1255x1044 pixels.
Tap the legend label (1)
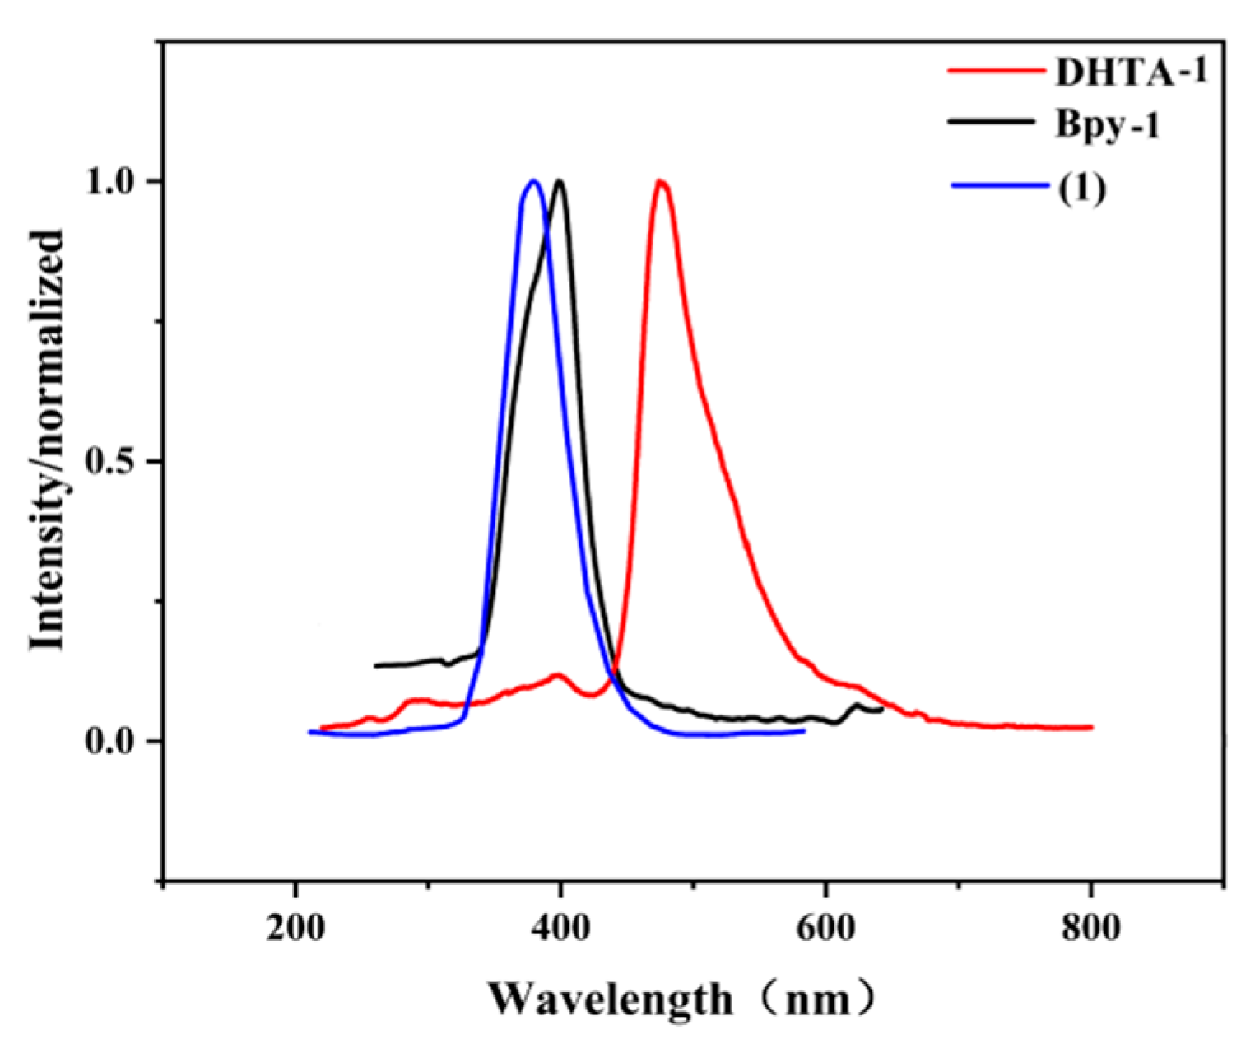(1080, 188)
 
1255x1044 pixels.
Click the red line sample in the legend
(995, 71)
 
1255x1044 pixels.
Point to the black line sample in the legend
(991, 121)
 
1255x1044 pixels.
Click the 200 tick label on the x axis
(295, 928)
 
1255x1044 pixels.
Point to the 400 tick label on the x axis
(560, 928)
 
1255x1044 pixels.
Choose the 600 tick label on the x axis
(825, 928)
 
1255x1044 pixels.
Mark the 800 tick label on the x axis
(1090, 928)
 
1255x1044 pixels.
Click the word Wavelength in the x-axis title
(610, 998)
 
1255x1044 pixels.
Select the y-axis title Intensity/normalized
(48, 440)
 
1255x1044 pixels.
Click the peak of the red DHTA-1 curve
(659, 181)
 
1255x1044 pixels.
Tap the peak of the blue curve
(533, 181)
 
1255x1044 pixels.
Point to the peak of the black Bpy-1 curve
(560, 181)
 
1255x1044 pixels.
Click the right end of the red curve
(1090, 728)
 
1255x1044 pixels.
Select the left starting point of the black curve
(376, 665)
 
